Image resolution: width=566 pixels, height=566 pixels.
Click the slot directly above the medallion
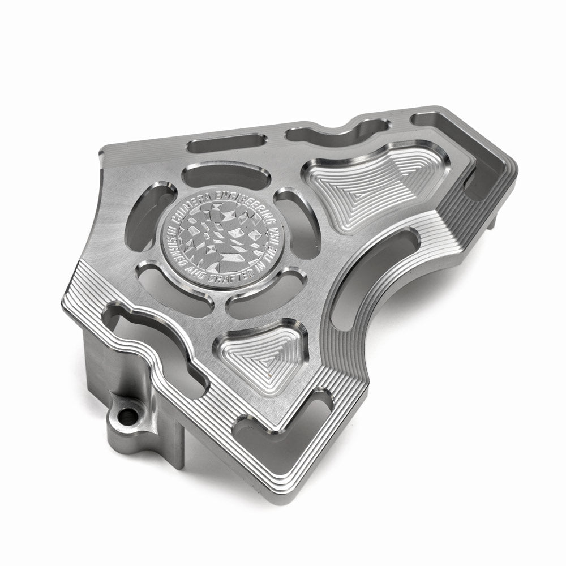226,177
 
